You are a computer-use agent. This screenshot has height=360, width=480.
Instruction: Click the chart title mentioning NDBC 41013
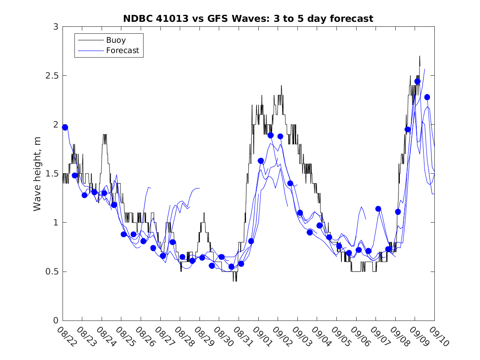[248, 19]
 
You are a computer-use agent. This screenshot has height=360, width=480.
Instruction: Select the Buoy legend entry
[116, 40]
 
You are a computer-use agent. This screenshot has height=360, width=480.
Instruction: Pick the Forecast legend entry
[123, 51]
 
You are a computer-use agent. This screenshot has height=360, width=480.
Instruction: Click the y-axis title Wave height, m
[37, 174]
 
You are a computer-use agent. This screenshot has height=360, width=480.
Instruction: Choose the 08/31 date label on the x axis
[241, 336]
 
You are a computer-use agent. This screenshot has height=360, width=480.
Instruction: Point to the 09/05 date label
[339, 336]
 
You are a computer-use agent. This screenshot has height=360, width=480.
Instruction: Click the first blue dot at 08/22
[65, 128]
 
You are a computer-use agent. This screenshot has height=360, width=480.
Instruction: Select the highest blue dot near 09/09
[417, 81]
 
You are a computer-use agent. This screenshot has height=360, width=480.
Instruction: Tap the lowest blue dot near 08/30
[231, 267]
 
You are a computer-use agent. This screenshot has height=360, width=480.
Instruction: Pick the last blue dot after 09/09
[427, 97]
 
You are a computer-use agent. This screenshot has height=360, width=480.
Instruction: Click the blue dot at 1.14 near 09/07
[378, 209]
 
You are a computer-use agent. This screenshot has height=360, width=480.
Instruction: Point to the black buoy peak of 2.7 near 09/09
[420, 56]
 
